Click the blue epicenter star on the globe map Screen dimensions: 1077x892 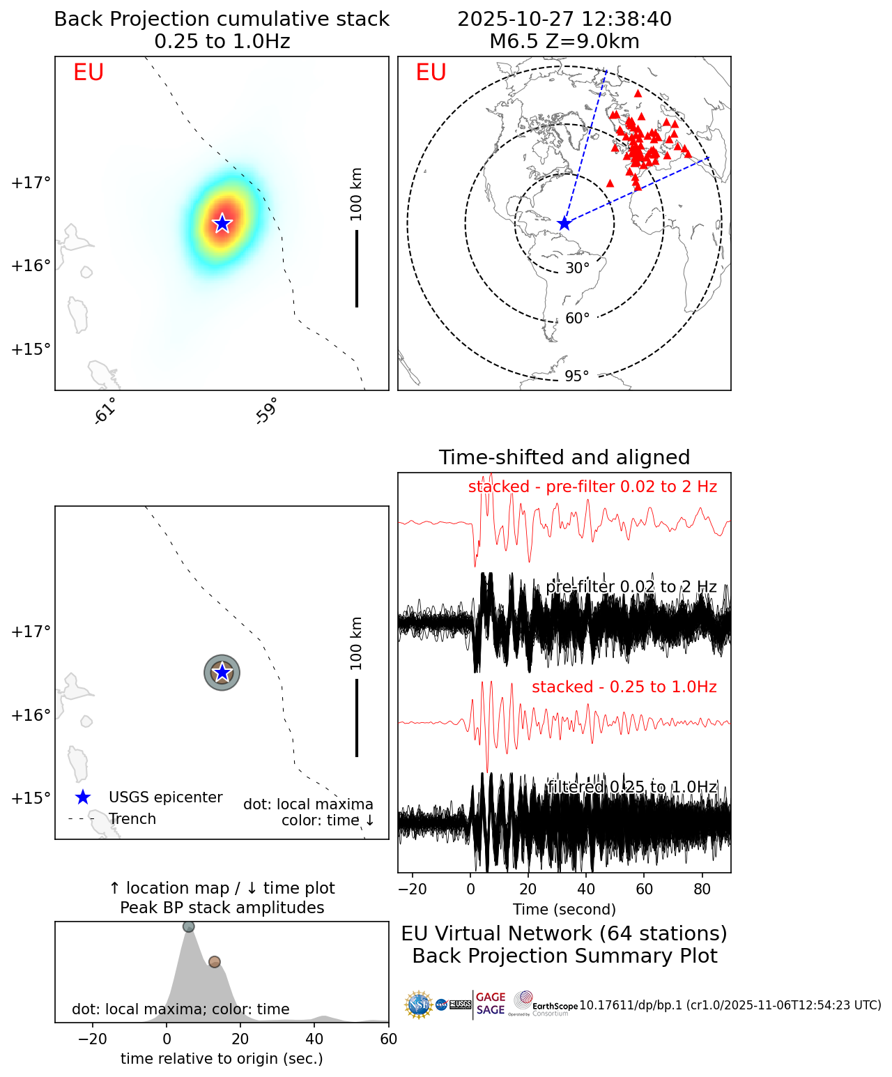[x=564, y=224]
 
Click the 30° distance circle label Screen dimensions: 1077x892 [x=577, y=268]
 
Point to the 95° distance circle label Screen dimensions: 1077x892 [x=577, y=376]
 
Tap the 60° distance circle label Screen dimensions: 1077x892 [x=578, y=319]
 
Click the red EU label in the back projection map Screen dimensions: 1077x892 [x=89, y=72]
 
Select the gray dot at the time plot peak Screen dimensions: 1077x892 [x=188, y=926]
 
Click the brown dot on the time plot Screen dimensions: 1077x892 [x=214, y=962]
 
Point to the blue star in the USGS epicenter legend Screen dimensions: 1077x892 [x=83, y=797]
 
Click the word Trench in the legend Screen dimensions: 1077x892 [x=132, y=819]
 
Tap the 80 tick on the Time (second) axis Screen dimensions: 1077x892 [x=702, y=889]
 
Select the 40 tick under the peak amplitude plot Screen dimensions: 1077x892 [x=315, y=1039]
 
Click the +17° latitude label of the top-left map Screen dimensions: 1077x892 [x=31, y=183]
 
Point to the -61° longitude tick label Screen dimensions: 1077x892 [x=105, y=411]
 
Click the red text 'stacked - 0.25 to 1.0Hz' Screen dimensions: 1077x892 [x=624, y=687]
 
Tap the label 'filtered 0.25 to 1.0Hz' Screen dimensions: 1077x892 [x=632, y=787]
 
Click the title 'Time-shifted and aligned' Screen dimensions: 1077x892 [x=564, y=457]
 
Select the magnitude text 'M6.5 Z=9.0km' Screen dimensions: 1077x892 [x=564, y=41]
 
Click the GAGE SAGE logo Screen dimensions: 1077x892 [x=491, y=1004]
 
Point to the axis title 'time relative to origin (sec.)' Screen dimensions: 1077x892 [x=222, y=1059]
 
